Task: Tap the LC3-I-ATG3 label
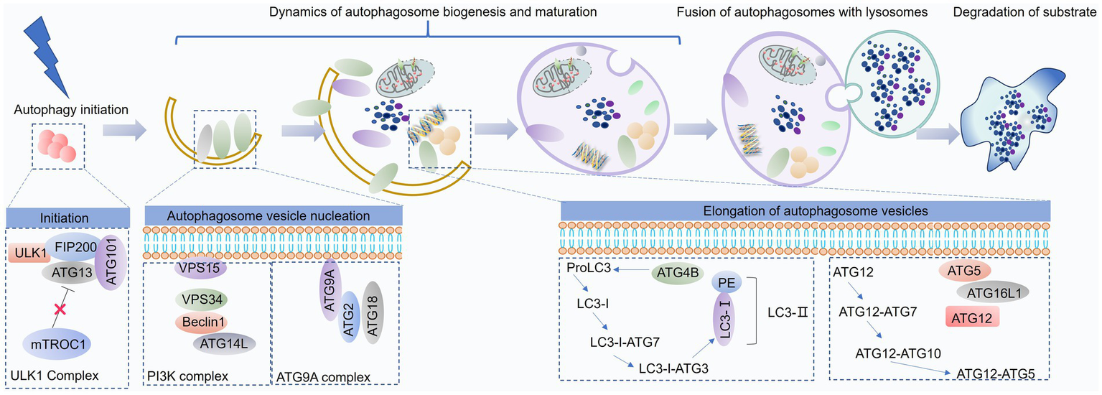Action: point(673,368)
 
